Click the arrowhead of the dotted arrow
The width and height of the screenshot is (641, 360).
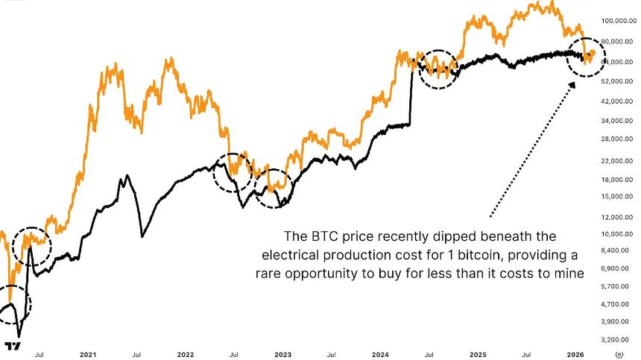point(573,85)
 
